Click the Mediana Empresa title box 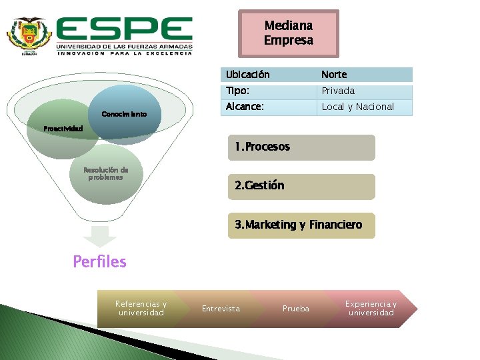coord(288,33)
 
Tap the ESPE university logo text coord(125,31)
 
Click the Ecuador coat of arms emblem coord(29,35)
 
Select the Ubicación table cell coord(269,74)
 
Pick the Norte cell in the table coord(364,74)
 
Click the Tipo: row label coord(269,91)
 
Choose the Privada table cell coord(364,91)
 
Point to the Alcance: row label coord(269,107)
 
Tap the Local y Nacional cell coord(364,107)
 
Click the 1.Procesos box coord(301,147)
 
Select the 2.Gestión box coord(301,186)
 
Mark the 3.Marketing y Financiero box coord(301,225)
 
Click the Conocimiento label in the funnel coord(124,114)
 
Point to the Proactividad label coord(63,127)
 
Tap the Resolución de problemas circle coord(105,174)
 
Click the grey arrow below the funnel coord(100,237)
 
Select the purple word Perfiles coord(99,261)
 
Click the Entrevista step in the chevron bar coord(221,308)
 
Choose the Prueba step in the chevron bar coord(296,308)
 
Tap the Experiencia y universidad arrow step coord(371,308)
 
